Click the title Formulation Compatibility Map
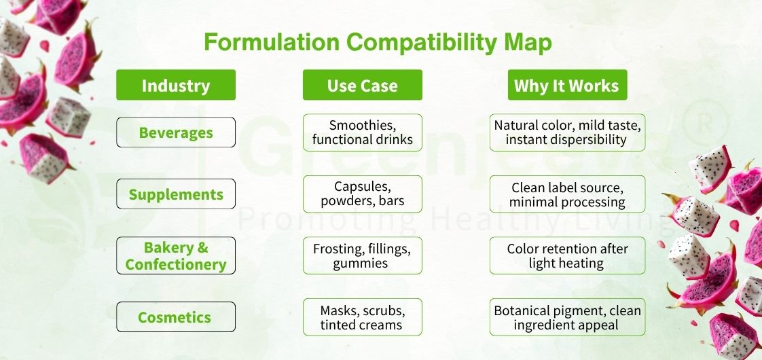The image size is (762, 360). click(378, 42)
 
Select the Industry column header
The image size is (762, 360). click(176, 85)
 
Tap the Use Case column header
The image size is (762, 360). click(362, 85)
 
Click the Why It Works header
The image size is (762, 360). click(566, 85)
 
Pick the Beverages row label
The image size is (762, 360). click(176, 132)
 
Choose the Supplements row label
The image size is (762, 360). click(176, 194)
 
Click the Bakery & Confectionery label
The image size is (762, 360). click(176, 255)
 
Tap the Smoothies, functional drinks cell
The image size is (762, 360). click(362, 132)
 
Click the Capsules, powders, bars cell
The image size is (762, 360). click(362, 194)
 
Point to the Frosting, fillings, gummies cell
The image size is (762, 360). click(362, 255)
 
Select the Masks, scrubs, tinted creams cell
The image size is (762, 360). click(362, 317)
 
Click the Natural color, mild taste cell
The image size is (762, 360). click(567, 132)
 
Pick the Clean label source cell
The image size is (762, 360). click(567, 194)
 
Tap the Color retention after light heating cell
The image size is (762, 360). click(567, 255)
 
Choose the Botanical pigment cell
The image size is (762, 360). click(567, 317)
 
